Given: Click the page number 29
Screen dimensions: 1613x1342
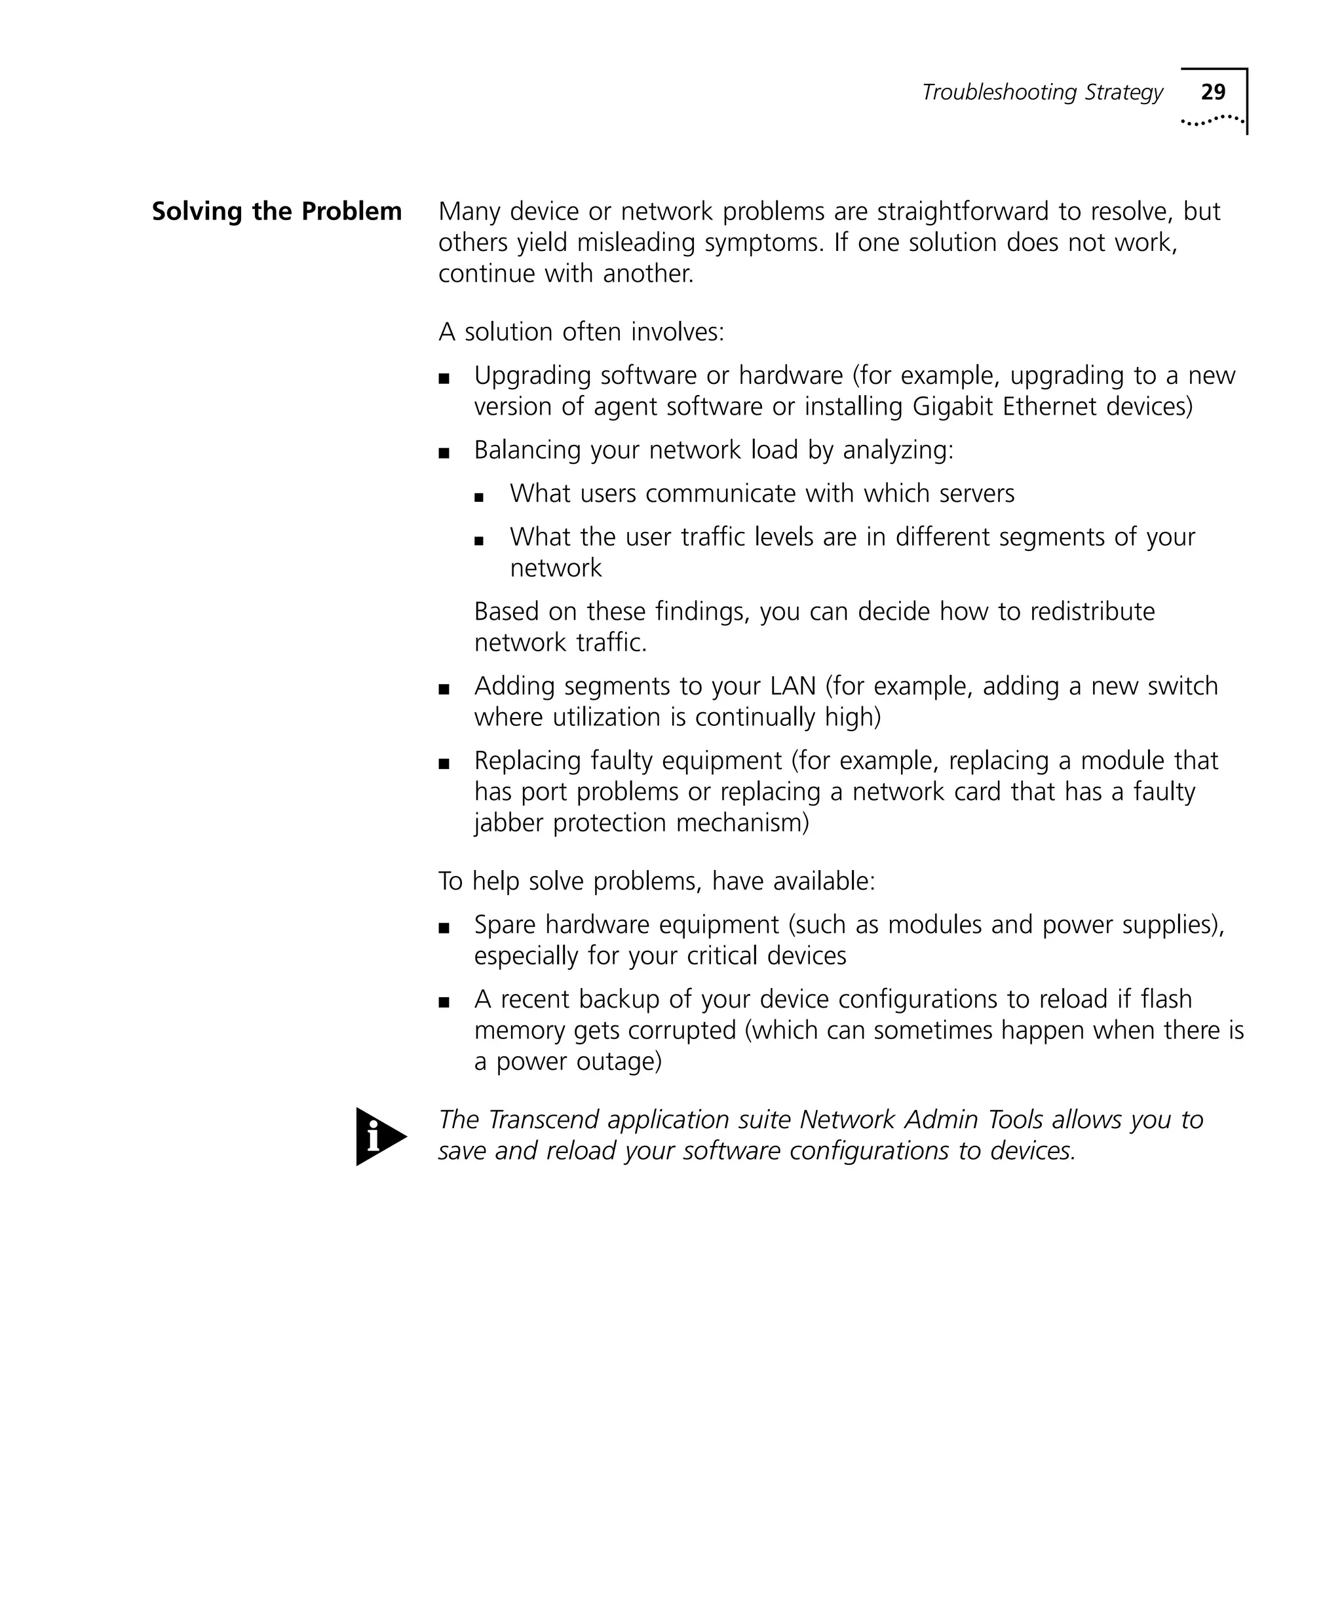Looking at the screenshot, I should [1213, 92].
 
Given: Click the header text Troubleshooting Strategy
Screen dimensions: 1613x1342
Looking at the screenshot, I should [1042, 92].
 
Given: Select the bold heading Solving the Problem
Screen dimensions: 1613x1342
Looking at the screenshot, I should [277, 211].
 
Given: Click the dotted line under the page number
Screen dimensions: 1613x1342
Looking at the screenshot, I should [1212, 120].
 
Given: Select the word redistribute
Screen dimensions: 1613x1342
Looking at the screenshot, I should [1092, 611].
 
